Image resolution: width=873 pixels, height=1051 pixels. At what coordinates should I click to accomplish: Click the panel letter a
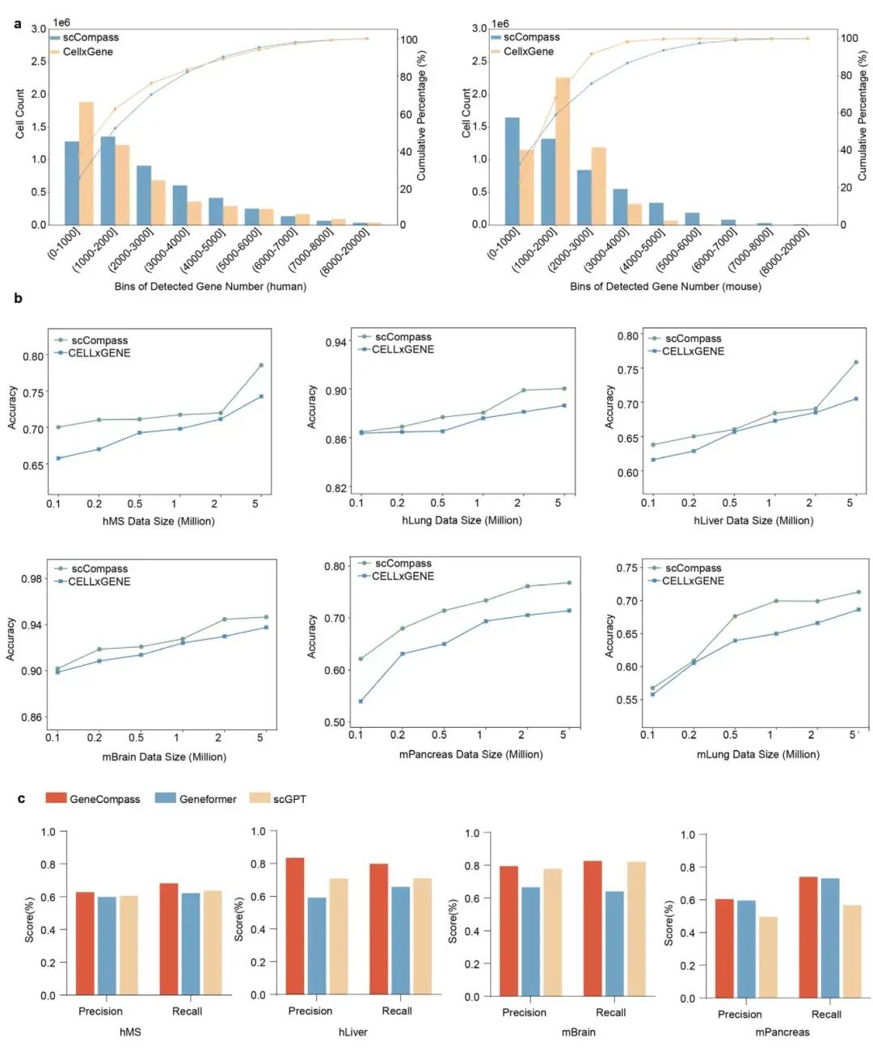(x=18, y=24)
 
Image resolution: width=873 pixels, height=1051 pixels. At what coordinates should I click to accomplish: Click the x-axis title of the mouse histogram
(x=664, y=287)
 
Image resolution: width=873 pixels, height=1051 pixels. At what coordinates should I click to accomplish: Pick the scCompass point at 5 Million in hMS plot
(x=261, y=365)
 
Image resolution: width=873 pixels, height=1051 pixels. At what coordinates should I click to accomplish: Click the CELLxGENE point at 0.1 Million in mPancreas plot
(x=361, y=701)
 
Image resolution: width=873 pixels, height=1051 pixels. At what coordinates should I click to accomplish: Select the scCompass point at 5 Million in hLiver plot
(x=856, y=363)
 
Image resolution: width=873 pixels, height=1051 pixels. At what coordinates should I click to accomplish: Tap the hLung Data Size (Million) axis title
(x=462, y=520)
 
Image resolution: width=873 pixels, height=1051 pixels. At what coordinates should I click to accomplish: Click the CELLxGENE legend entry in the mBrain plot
(x=99, y=582)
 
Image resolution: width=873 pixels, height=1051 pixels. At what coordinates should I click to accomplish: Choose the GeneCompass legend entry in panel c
(x=104, y=799)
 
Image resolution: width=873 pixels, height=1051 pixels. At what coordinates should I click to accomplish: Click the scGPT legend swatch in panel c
(x=259, y=798)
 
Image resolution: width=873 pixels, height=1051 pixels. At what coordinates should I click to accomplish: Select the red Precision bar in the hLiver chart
(x=295, y=927)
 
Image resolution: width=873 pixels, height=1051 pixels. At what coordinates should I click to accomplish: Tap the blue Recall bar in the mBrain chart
(x=614, y=944)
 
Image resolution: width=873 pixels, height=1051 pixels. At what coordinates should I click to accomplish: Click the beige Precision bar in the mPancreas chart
(x=768, y=957)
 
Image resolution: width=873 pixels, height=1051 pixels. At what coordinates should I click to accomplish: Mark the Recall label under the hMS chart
(x=187, y=1011)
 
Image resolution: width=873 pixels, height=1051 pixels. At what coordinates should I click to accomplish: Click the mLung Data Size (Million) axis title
(x=757, y=754)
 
